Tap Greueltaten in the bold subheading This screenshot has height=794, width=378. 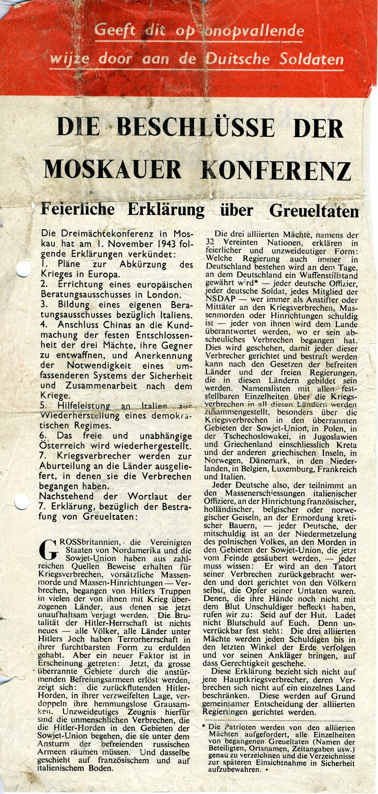314,211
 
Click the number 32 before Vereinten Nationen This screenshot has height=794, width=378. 210,243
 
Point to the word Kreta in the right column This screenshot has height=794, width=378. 347,445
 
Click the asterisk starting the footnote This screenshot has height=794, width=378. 204,726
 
